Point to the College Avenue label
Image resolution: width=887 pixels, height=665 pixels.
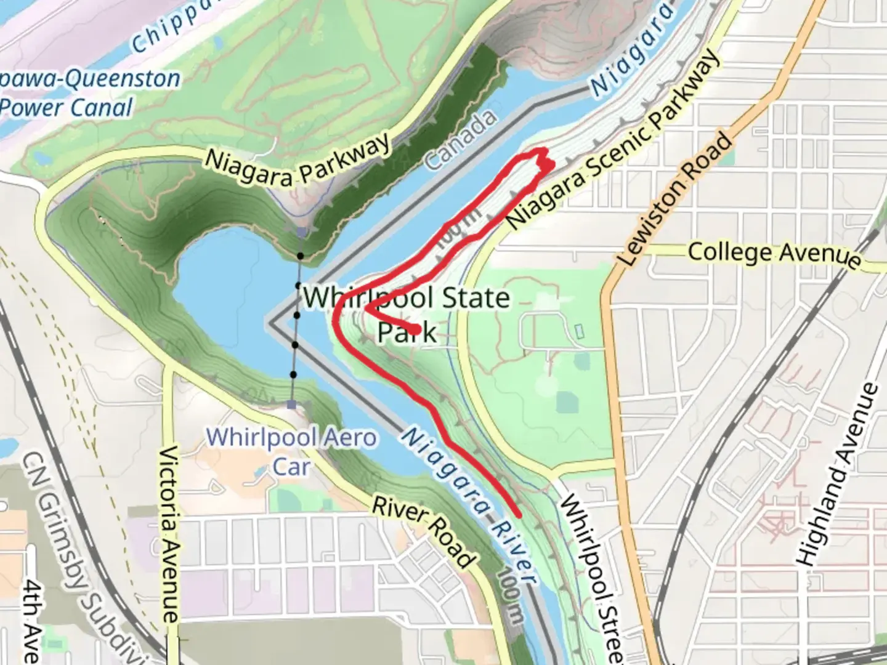pos(774,254)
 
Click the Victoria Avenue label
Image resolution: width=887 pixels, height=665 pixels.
pos(169,533)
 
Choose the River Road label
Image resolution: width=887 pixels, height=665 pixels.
pos(424,532)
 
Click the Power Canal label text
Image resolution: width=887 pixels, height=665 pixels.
pos(67,108)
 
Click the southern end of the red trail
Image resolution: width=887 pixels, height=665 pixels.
pos(519,514)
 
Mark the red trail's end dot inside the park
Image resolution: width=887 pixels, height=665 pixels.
pos(417,330)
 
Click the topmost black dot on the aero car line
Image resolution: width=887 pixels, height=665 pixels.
pos(300,256)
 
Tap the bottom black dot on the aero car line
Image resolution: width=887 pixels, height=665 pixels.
pos(293,374)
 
